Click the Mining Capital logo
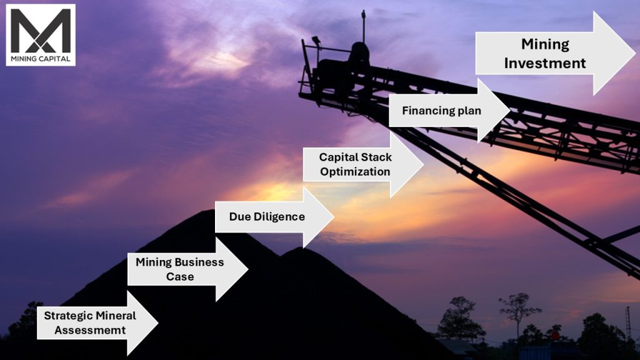(x=41, y=34)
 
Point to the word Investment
(x=545, y=63)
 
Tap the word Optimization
(x=355, y=171)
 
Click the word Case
(x=180, y=276)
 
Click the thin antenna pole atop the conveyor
(x=362, y=25)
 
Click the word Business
(x=199, y=262)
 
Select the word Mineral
(x=116, y=316)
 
